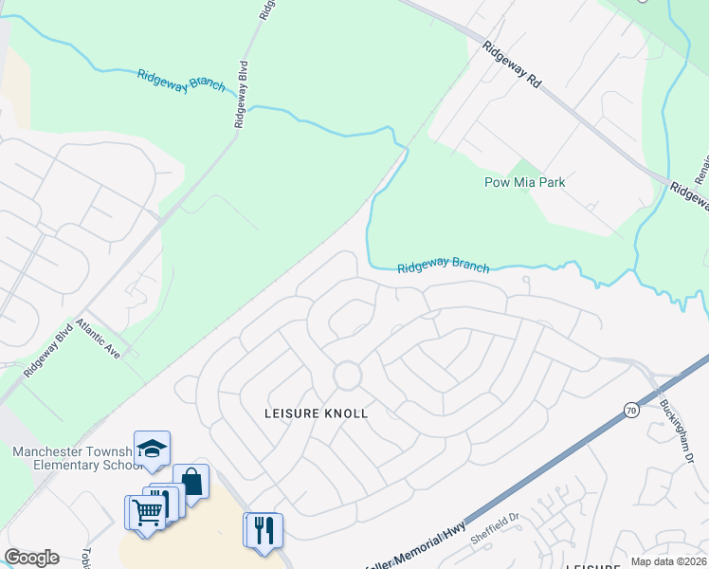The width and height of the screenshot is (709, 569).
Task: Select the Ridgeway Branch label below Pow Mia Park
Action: coord(443,267)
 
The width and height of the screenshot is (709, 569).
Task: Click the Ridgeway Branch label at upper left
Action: coord(181,81)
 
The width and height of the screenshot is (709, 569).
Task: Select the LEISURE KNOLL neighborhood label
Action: coord(316,413)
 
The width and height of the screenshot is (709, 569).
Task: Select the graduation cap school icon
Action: coord(152,448)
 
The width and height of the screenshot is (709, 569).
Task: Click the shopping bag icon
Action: coord(191,481)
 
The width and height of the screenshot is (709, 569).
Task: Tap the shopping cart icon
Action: coord(146,511)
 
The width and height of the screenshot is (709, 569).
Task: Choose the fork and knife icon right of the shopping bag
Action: coord(264,528)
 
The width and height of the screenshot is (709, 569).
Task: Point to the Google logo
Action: coord(31,558)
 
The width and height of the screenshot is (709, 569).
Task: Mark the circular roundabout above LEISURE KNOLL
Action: coord(347,375)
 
